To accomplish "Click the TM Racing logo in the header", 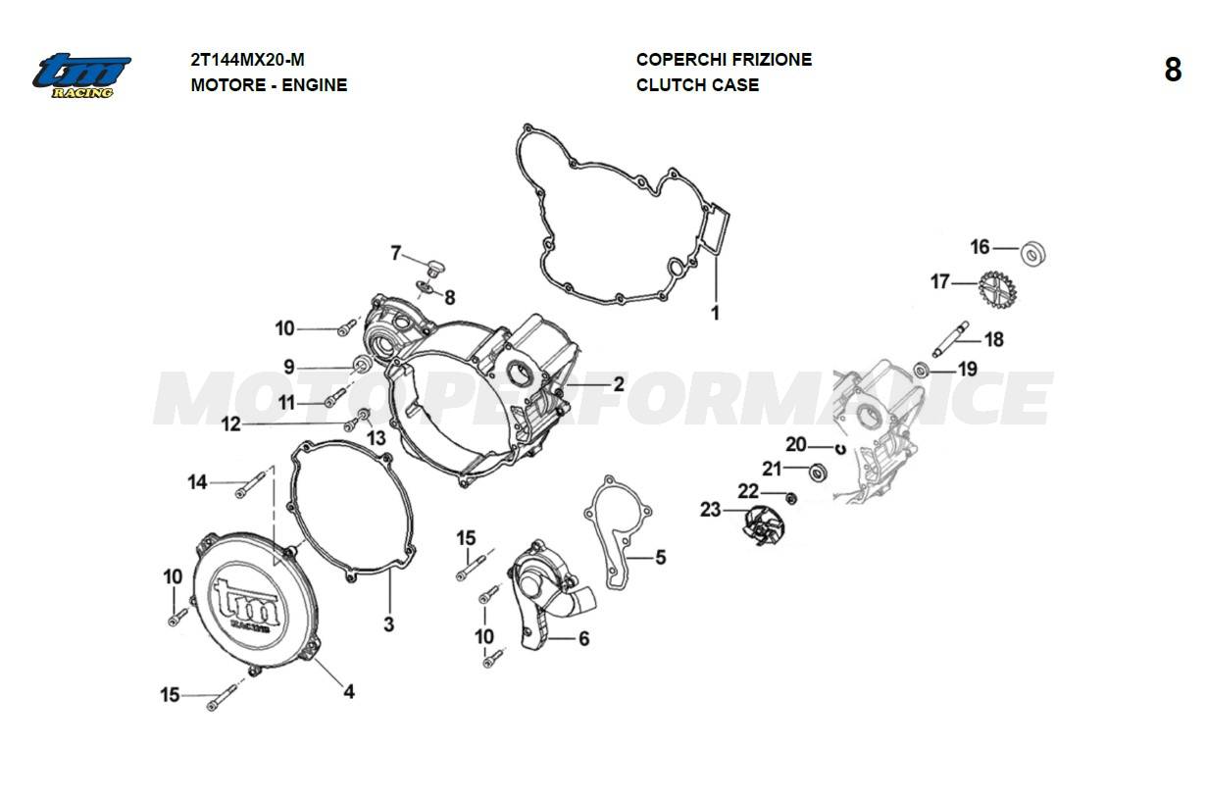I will pyautogui.click(x=82, y=75).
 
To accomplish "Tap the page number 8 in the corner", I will pyautogui.click(x=1173, y=71).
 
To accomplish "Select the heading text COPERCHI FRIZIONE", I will pyautogui.click(x=724, y=60).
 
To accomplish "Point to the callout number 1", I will pyautogui.click(x=715, y=314).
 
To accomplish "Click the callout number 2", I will pyautogui.click(x=619, y=385).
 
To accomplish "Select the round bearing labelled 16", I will pyautogui.click(x=1033, y=253).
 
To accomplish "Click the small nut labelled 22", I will pyautogui.click(x=792, y=499).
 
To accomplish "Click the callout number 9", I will pyautogui.click(x=289, y=367).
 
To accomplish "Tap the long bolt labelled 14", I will pyautogui.click(x=251, y=480).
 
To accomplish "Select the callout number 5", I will pyautogui.click(x=660, y=557).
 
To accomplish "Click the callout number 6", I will pyautogui.click(x=583, y=639).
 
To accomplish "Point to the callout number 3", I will pyautogui.click(x=388, y=623).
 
